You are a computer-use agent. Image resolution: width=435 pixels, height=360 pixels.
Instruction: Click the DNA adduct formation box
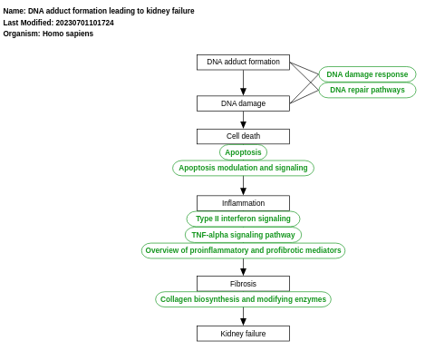[x=243, y=62]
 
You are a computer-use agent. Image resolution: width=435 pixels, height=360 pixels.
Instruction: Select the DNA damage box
[x=243, y=103]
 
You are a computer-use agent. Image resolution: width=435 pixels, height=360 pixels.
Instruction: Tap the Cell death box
[x=243, y=136]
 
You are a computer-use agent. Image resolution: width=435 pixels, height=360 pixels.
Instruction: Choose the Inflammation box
[x=243, y=203]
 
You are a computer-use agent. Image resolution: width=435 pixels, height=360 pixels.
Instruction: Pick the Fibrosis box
[x=243, y=284]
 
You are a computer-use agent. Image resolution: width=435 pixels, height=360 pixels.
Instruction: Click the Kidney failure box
[x=243, y=334]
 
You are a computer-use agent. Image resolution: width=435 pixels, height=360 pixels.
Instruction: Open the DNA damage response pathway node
[x=367, y=74]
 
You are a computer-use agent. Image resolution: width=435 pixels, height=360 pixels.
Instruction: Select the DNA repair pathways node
[x=367, y=90]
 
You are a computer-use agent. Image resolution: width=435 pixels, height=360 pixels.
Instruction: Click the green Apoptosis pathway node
[x=243, y=152]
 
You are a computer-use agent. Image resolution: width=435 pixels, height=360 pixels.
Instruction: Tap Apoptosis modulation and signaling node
[x=243, y=168]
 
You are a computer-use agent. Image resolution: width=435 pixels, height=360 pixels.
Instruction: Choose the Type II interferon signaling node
[x=243, y=219]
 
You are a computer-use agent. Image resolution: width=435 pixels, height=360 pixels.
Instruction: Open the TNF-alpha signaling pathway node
[x=243, y=234]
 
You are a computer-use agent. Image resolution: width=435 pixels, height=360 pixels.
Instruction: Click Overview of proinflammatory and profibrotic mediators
[x=243, y=250]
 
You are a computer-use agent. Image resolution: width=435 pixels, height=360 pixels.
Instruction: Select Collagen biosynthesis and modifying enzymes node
[x=243, y=299]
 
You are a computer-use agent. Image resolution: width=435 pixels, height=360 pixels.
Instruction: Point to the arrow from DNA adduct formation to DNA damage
[x=243, y=83]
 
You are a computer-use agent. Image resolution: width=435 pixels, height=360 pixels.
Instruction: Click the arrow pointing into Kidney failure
[x=243, y=317]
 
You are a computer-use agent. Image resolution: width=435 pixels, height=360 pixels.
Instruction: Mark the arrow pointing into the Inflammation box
[x=243, y=187]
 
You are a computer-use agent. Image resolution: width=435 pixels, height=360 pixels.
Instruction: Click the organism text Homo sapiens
[x=68, y=34]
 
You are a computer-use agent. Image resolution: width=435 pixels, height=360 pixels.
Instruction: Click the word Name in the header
[x=14, y=11]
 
